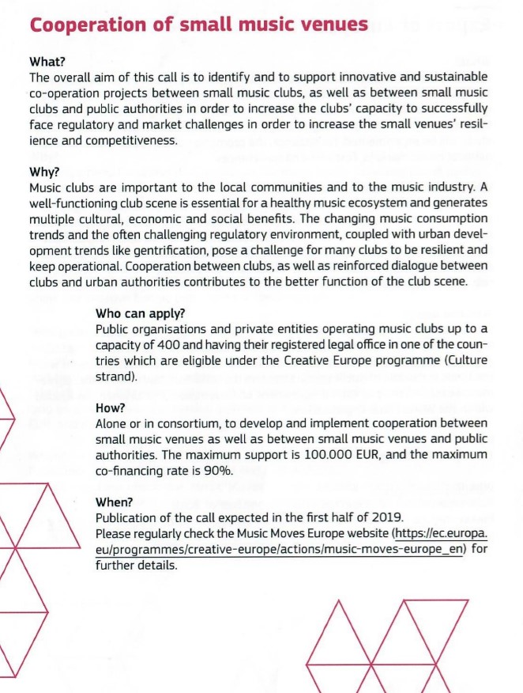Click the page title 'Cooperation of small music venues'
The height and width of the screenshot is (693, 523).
tap(198, 25)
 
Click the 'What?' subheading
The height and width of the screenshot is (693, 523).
tap(47, 62)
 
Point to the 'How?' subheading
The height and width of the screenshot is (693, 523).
tap(111, 407)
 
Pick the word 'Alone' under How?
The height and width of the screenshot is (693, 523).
tap(111, 423)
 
